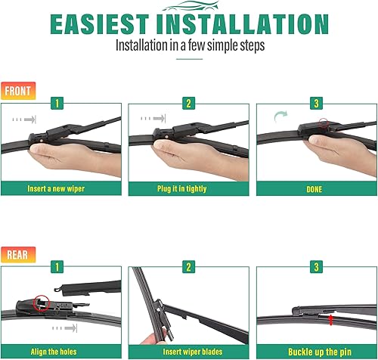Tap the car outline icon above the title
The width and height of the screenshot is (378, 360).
click(x=188, y=6)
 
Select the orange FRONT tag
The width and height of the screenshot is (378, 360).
click(x=17, y=91)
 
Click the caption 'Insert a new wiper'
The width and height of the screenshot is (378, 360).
click(x=62, y=188)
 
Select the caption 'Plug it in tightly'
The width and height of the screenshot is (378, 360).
click(x=188, y=188)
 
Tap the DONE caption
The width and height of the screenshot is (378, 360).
click(x=315, y=188)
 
